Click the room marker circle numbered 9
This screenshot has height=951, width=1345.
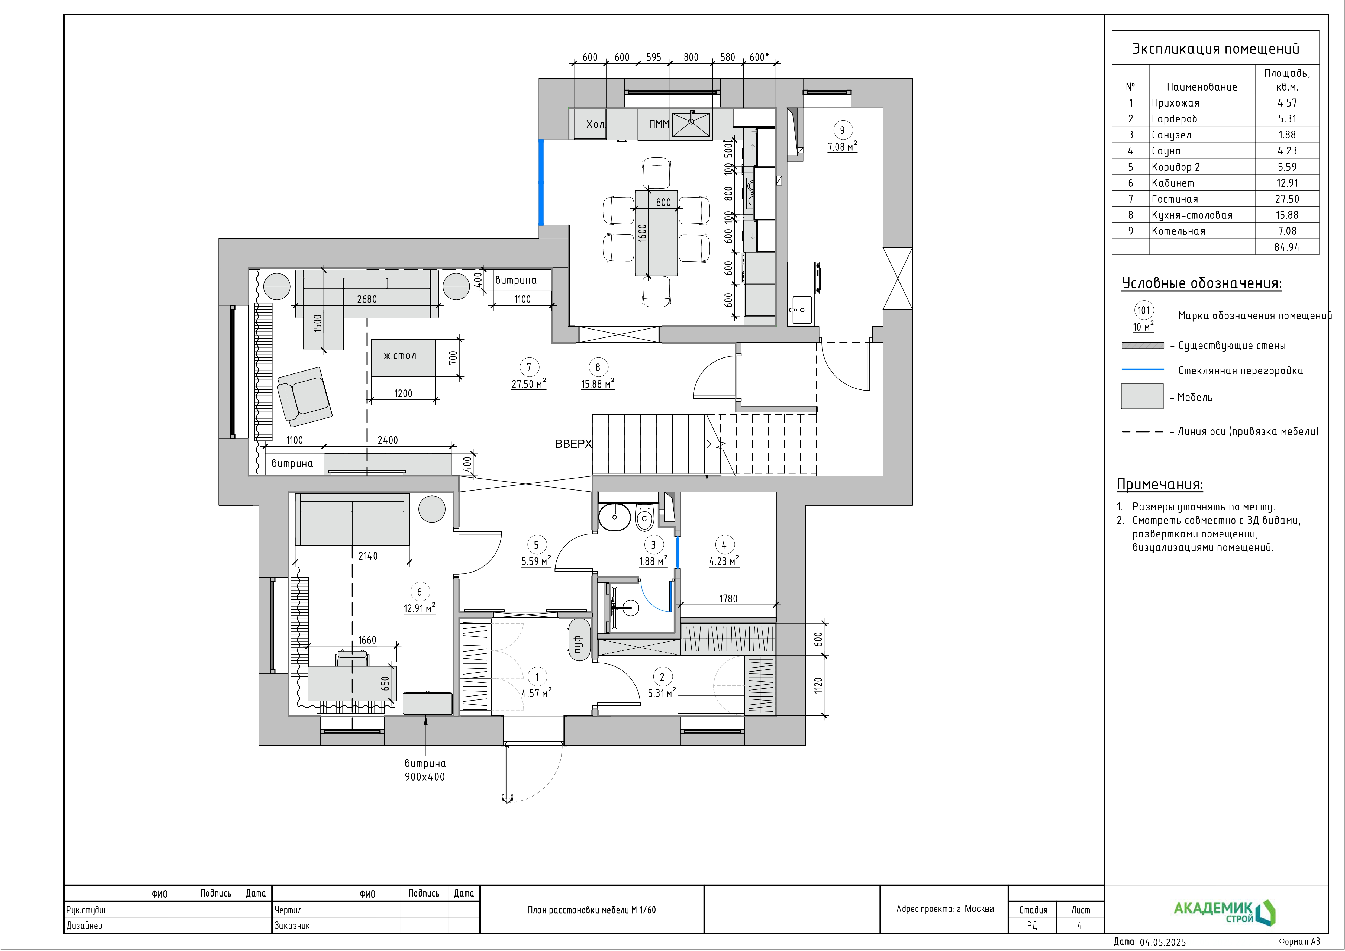pyautogui.click(x=842, y=130)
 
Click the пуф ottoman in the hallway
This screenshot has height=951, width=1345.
pyautogui.click(x=578, y=640)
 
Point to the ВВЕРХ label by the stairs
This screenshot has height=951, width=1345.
pyautogui.click(x=573, y=444)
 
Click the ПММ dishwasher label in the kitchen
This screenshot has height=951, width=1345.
pyautogui.click(x=659, y=124)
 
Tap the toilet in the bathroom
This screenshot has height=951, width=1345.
pyautogui.click(x=644, y=516)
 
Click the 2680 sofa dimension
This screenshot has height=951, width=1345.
pyautogui.click(x=367, y=299)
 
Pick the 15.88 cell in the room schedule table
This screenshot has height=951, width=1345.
pyautogui.click(x=1287, y=215)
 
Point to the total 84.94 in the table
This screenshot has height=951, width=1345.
pyautogui.click(x=1287, y=247)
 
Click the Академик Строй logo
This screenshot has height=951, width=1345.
pyautogui.click(x=1224, y=912)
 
